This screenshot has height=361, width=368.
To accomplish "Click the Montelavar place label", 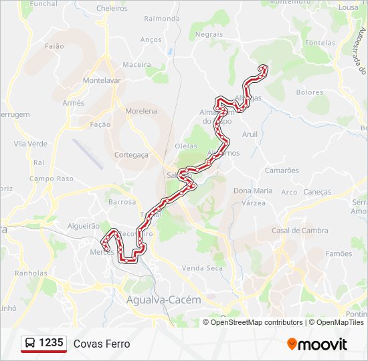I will [x=102, y=80].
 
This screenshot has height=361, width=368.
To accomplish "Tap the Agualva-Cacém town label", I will [x=163, y=300].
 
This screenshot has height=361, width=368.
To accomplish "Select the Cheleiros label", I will [x=112, y=8].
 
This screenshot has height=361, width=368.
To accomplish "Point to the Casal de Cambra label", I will [x=300, y=231].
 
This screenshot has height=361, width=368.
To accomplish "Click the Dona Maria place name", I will [x=253, y=191].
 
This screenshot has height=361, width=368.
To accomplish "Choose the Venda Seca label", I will [x=202, y=267].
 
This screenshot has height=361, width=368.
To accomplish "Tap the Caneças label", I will [x=316, y=192].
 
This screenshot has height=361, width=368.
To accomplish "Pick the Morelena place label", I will [x=141, y=111].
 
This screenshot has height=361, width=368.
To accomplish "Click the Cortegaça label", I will [x=131, y=154].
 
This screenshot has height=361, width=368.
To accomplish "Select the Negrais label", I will [x=209, y=33].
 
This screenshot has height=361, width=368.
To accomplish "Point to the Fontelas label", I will [x=320, y=43].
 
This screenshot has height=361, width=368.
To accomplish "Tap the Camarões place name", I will [x=282, y=170].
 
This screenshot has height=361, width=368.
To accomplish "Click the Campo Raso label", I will [x=51, y=179].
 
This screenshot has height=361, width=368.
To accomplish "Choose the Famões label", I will [x=339, y=254].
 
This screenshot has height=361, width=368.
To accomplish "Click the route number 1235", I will [x=52, y=343].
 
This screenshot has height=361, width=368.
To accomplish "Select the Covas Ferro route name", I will [x=102, y=344].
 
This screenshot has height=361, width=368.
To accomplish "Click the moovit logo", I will [x=317, y=344].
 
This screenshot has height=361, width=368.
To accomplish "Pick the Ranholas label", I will [x=31, y=273].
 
